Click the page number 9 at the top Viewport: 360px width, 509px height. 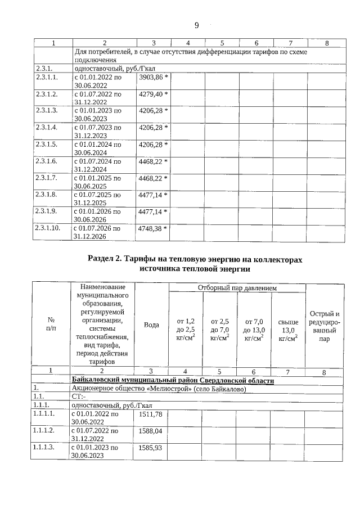tap(197, 25)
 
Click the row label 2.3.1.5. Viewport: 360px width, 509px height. tap(47, 145)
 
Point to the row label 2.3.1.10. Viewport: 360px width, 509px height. tap(48, 229)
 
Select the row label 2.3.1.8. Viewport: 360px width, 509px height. tap(47, 195)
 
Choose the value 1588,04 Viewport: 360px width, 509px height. tap(150, 431)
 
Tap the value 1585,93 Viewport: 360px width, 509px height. tap(150, 448)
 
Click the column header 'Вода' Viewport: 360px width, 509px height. tap(152, 325)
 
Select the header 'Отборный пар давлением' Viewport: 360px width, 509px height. tap(237, 288)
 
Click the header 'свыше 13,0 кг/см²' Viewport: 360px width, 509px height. tap(288, 328)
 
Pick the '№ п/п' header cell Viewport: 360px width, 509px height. tap(51, 325)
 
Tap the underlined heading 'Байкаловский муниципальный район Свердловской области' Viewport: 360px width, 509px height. tap(173, 381)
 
